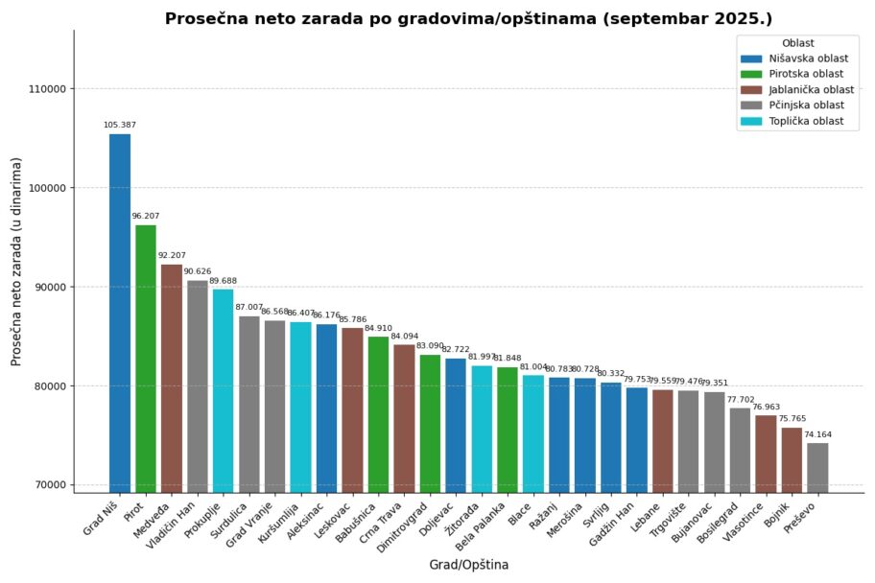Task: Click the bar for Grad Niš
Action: [x=120, y=313]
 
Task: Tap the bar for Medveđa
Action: [x=172, y=378]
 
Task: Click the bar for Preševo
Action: [x=817, y=467]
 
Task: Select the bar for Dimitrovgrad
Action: [x=430, y=423]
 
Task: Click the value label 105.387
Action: [x=120, y=125]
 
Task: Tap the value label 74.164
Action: [x=817, y=433]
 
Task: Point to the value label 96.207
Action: [x=146, y=216]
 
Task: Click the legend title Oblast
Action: [x=798, y=43]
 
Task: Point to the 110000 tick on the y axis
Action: [x=47, y=89]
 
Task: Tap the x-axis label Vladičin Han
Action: [x=173, y=526]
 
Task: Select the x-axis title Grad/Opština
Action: [x=468, y=565]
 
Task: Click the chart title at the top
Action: [x=468, y=18]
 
